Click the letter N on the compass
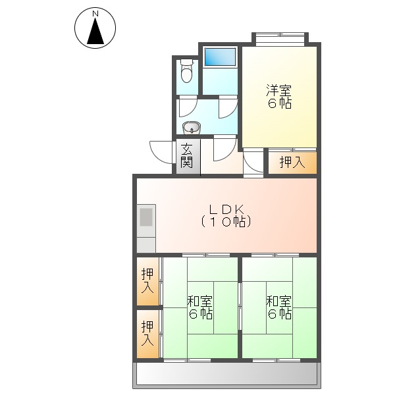pyautogui.click(x=95, y=13)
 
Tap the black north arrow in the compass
pyautogui.click(x=95, y=31)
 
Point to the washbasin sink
pyautogui.click(x=190, y=128)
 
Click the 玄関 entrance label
pyautogui.click(x=187, y=155)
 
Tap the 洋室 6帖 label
pyautogui.click(x=279, y=97)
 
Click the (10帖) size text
pyautogui.click(x=226, y=223)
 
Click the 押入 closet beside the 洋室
pyautogui.click(x=292, y=162)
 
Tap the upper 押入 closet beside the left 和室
pyautogui.click(x=148, y=281)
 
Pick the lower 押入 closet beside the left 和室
pyautogui.click(x=148, y=334)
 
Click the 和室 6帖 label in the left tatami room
pyautogui.click(x=199, y=307)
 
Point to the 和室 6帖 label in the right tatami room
pyautogui.click(x=279, y=307)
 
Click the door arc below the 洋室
pyautogui.click(x=253, y=162)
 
